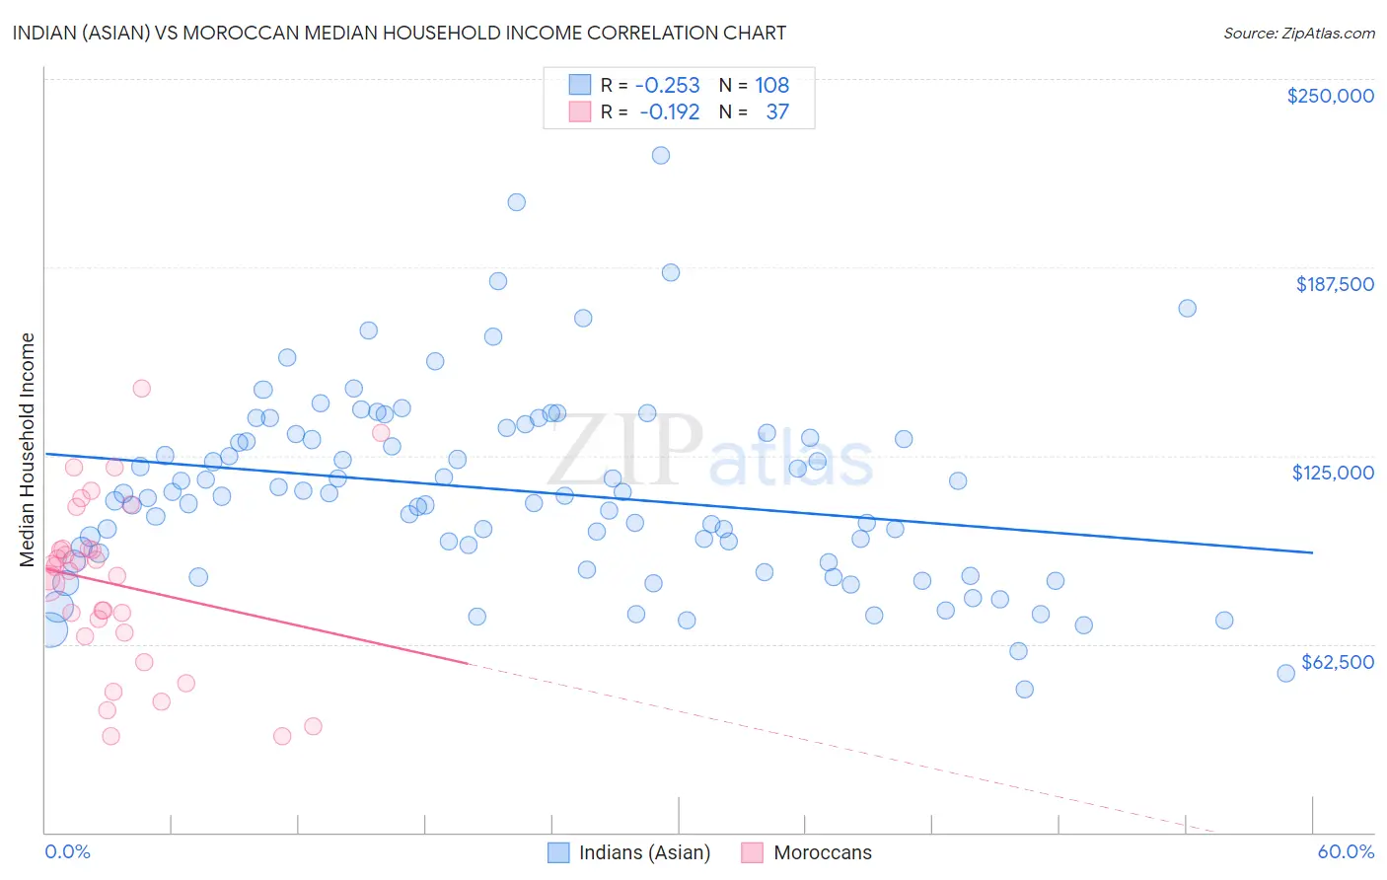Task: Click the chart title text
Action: point(400,33)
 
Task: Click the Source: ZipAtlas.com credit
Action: point(1298,33)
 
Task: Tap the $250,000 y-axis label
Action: point(1330,96)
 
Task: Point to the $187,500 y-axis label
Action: point(1334,284)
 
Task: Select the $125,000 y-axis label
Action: point(1333,473)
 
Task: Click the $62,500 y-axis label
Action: point(1337,662)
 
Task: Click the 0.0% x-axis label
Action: point(67,851)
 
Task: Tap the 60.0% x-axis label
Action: point(1346,851)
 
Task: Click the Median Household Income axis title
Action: point(28,450)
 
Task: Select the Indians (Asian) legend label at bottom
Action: point(644,852)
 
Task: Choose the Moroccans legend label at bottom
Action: point(823,852)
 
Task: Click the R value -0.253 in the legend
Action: point(667,86)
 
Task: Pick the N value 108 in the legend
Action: point(771,86)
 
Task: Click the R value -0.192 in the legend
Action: point(669,112)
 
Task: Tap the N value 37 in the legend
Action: point(777,112)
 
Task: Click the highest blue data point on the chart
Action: point(661,156)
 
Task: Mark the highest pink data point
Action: point(141,389)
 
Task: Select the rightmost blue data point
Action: point(1285,674)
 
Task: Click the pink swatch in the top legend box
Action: point(579,112)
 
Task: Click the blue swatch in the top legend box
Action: point(579,86)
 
